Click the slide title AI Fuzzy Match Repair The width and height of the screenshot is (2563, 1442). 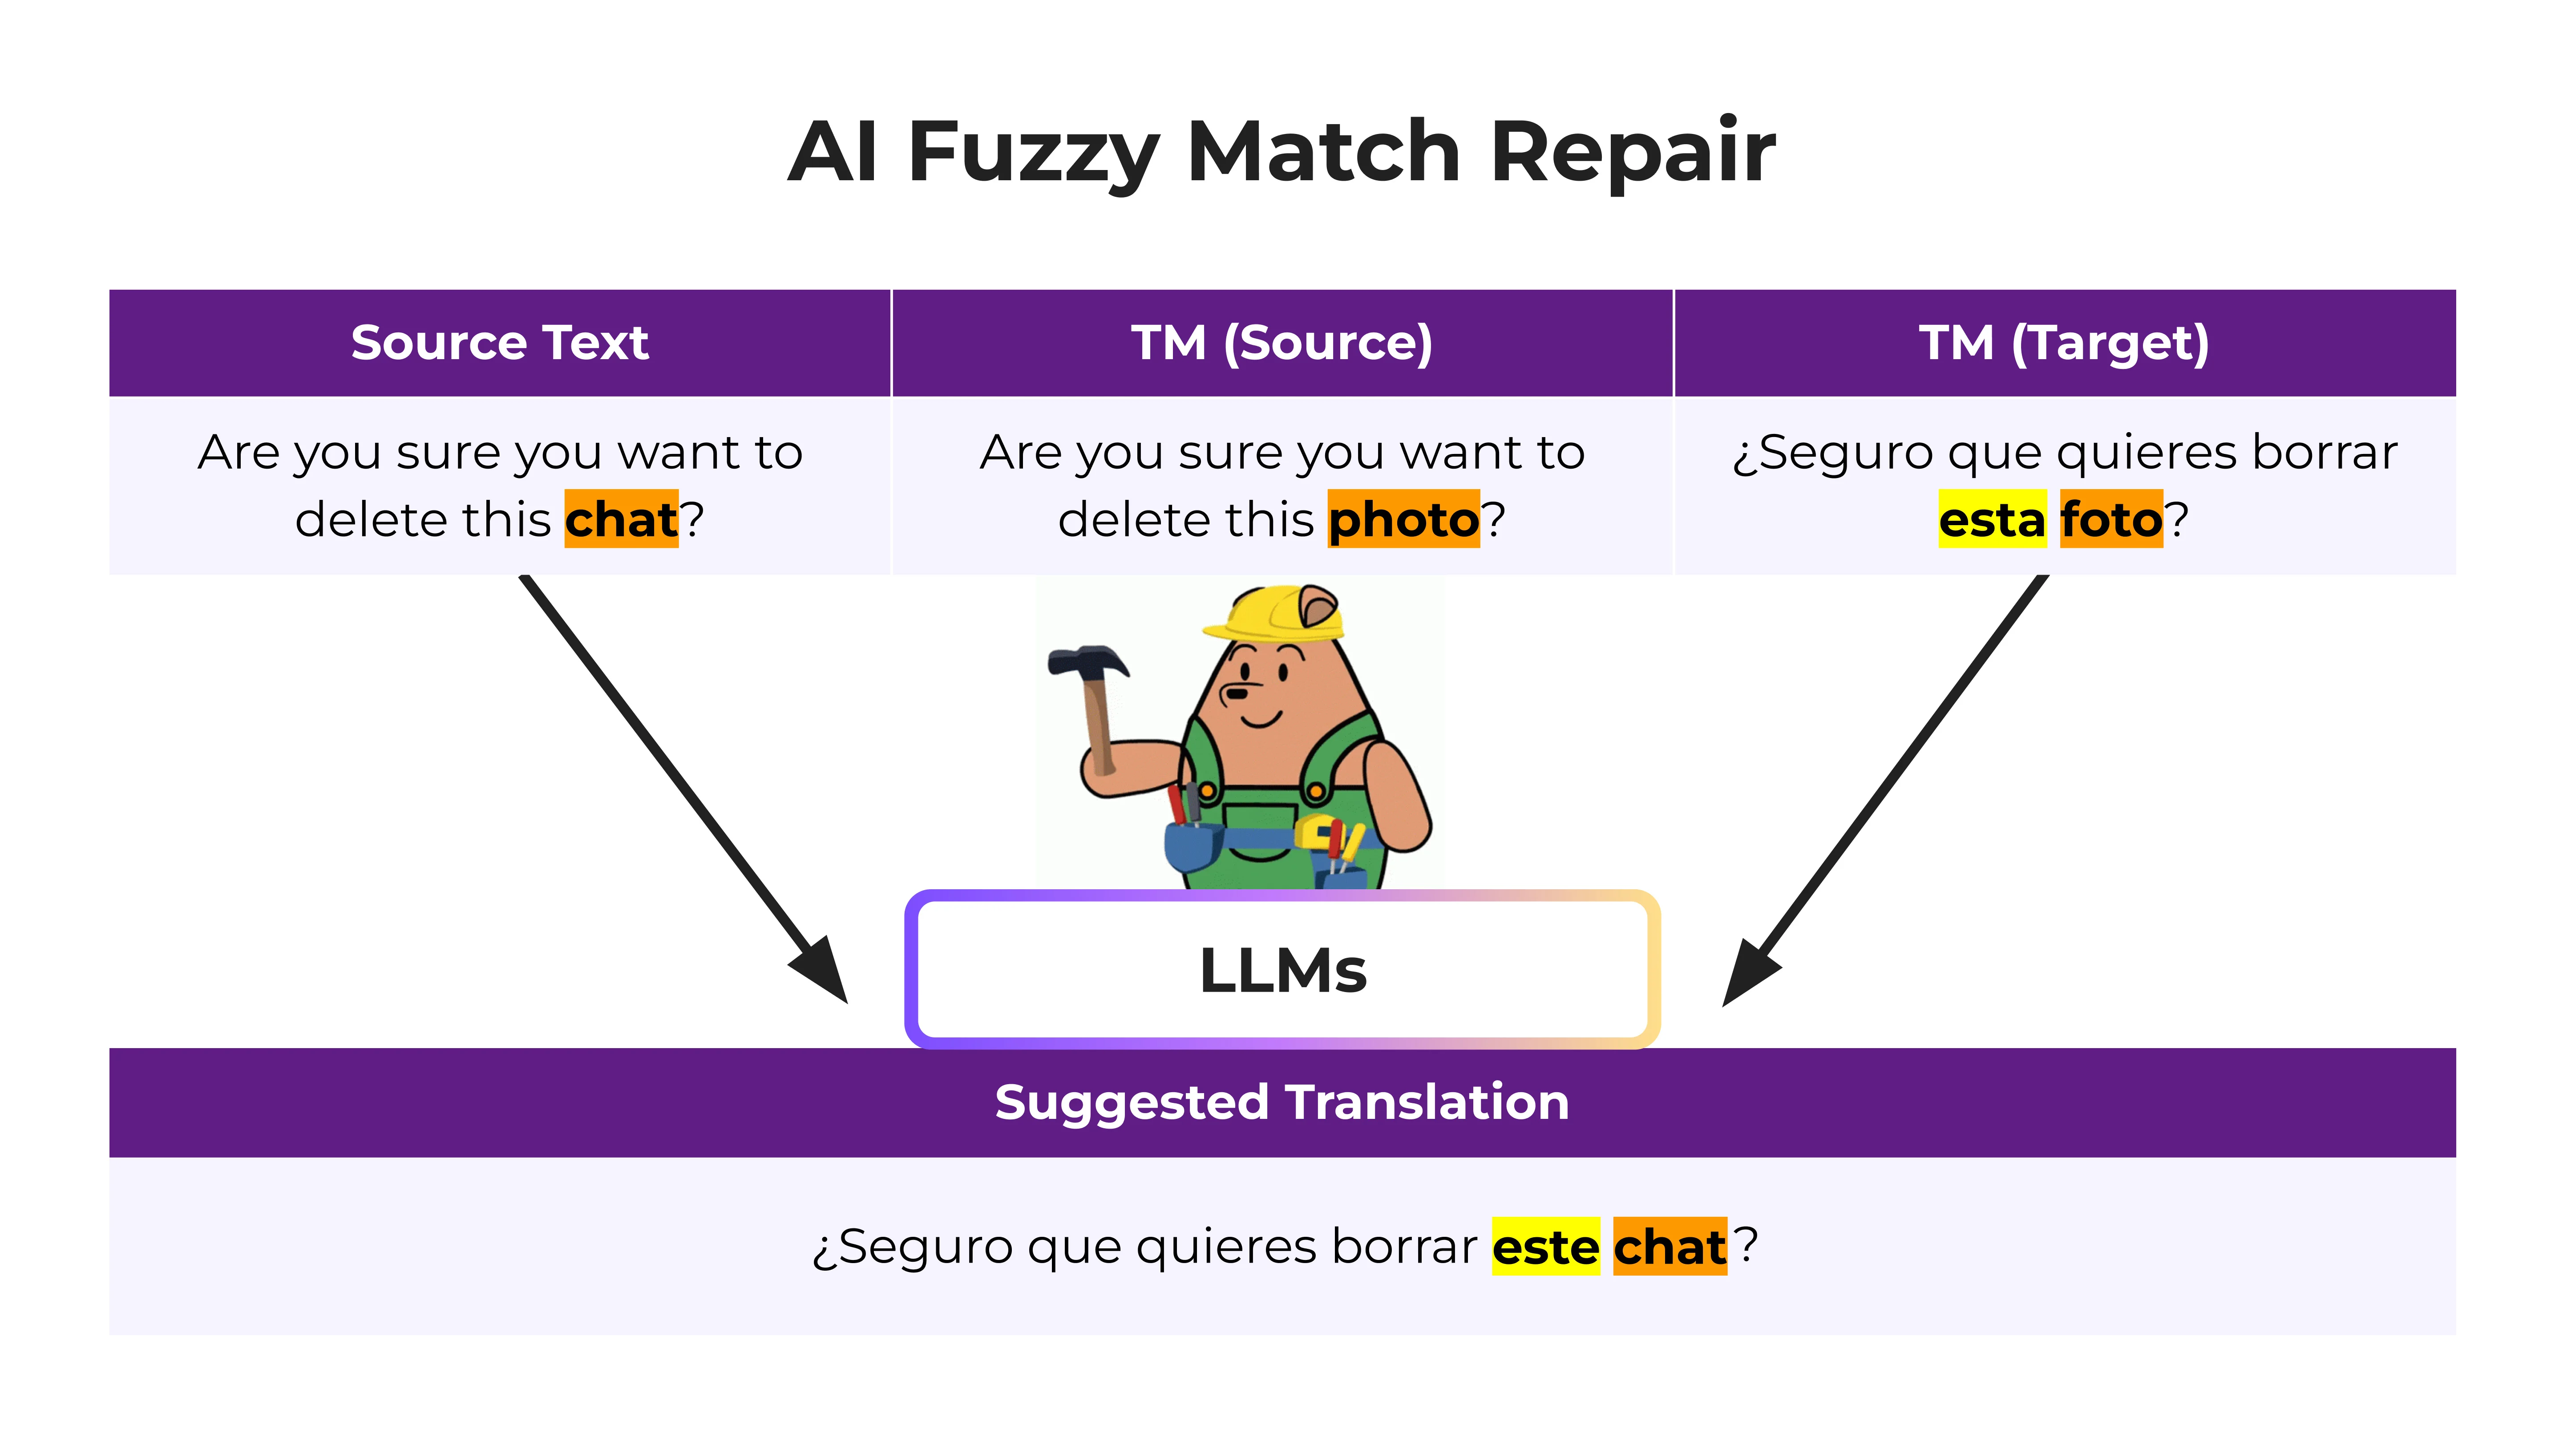tap(1281, 152)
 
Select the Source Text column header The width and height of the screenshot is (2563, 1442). tap(499, 342)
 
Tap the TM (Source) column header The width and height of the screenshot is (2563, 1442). tap(1281, 342)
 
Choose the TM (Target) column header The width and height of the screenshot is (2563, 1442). tap(2064, 342)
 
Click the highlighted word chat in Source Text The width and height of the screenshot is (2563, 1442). tap(621, 519)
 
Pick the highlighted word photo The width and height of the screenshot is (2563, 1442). tap(1403, 519)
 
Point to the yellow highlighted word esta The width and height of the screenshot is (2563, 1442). tap(1992, 519)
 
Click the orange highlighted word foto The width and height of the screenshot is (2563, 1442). tap(2110, 519)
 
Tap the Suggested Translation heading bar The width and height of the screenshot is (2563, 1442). tap(1281, 1103)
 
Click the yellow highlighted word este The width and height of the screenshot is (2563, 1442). tap(1545, 1247)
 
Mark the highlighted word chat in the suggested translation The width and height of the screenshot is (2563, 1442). tap(1670, 1247)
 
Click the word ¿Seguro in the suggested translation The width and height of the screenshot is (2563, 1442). tap(910, 1247)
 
